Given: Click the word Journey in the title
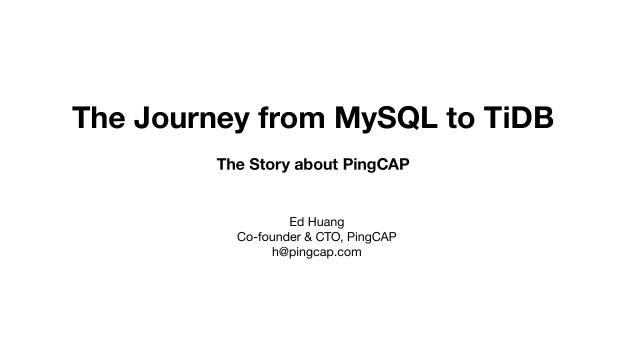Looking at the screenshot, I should pyautogui.click(x=192, y=119).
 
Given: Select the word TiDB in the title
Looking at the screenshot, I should pyautogui.click(x=515, y=118).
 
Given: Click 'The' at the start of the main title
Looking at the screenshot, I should pyautogui.click(x=97, y=118).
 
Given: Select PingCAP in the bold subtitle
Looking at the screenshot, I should pyautogui.click(x=377, y=164).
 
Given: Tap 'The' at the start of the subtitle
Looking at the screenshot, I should pyautogui.click(x=231, y=164).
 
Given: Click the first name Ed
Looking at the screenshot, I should pyautogui.click(x=297, y=221).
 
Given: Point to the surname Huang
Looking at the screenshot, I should pyautogui.click(x=329, y=221).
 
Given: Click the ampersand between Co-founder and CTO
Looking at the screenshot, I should pyautogui.click(x=310, y=237).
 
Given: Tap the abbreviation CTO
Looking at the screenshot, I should pyautogui.click(x=333, y=237).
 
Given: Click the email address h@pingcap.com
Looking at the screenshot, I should pyautogui.click(x=316, y=253).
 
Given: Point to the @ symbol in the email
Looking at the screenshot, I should pyautogui.click(x=284, y=253).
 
